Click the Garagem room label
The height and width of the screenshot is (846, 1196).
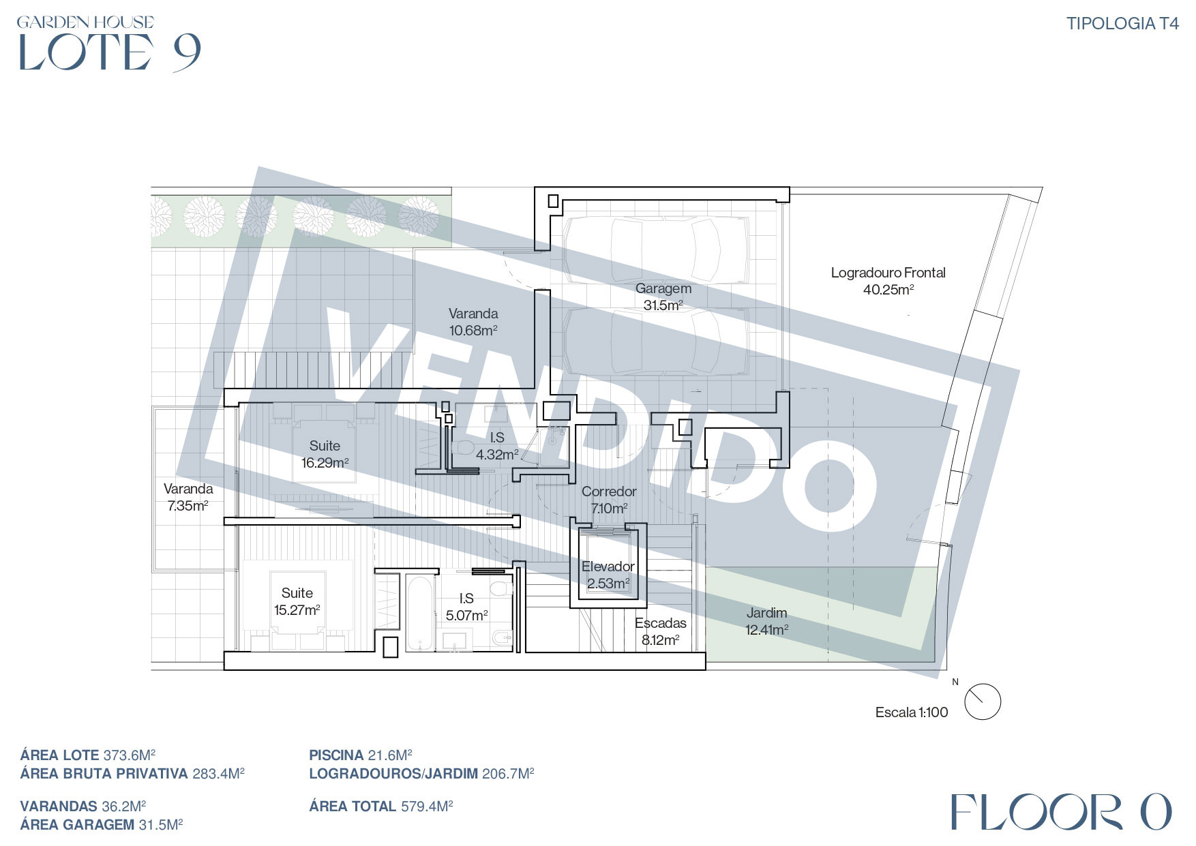pyautogui.click(x=663, y=297)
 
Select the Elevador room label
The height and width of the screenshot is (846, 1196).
pyautogui.click(x=608, y=575)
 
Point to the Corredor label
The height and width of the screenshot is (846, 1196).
pyautogui.click(x=609, y=500)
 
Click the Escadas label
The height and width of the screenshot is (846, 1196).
pyautogui.click(x=661, y=631)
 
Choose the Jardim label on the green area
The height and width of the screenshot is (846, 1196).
pyautogui.click(x=767, y=621)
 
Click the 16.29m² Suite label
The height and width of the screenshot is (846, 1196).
pyautogui.click(x=325, y=454)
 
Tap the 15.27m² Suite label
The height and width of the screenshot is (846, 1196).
pyautogui.click(x=297, y=601)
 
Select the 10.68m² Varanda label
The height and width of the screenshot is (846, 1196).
pyautogui.click(x=473, y=322)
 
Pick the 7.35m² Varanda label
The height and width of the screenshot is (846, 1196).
pyautogui.click(x=188, y=497)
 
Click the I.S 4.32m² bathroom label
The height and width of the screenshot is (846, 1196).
pyautogui.click(x=497, y=446)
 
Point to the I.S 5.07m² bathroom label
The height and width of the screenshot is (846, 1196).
pyautogui.click(x=466, y=607)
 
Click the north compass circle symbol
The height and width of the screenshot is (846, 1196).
pyautogui.click(x=983, y=701)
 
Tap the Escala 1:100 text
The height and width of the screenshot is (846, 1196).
pyautogui.click(x=912, y=712)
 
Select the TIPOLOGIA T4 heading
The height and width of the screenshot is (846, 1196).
pyautogui.click(x=1122, y=24)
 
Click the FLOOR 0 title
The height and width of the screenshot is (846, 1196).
pyautogui.click(x=1061, y=812)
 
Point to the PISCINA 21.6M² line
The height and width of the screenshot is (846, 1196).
pyautogui.click(x=361, y=755)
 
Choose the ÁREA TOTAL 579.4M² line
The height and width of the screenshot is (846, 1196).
pyautogui.click(x=381, y=806)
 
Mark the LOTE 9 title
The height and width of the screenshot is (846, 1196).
pyautogui.click(x=109, y=52)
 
